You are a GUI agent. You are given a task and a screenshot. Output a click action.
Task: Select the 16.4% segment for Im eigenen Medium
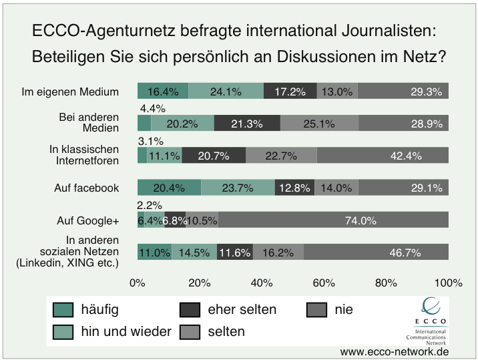click(x=163, y=92)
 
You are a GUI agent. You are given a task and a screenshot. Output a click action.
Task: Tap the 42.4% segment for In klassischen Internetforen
click(x=383, y=156)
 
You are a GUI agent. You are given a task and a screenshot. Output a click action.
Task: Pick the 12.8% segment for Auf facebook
click(x=294, y=188)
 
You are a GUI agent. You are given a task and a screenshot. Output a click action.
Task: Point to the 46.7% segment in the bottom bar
click(x=376, y=253)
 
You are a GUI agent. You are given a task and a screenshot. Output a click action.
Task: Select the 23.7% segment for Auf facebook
click(x=238, y=188)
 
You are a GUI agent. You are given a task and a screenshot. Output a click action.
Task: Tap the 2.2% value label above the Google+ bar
click(x=150, y=206)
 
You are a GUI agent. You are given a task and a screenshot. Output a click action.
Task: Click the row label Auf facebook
click(x=87, y=188)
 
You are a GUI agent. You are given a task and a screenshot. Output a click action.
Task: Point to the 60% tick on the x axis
click(x=324, y=283)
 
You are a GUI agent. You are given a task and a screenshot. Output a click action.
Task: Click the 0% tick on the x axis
click(x=138, y=283)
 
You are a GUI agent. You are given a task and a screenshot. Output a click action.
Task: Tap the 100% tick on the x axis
click(x=447, y=283)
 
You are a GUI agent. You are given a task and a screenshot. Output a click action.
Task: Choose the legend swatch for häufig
click(x=63, y=310)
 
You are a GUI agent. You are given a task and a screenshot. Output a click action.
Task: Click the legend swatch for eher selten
click(x=190, y=310)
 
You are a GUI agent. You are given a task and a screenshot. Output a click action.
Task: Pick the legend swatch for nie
click(x=317, y=310)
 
